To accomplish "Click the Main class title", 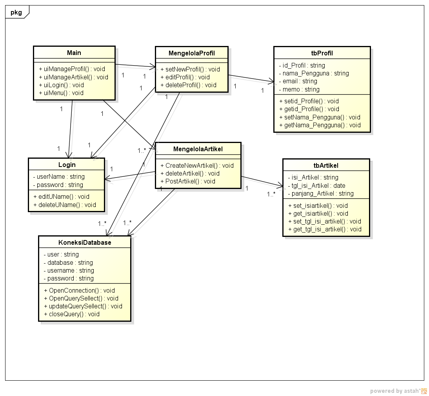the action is [74, 53].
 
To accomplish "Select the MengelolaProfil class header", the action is [191, 53].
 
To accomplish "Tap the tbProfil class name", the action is [322, 53].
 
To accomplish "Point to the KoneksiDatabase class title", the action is [85, 242].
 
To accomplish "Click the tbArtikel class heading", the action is [326, 165].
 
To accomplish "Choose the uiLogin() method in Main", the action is [62, 85].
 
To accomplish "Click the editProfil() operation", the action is [185, 77].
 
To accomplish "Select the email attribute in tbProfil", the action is [298, 81].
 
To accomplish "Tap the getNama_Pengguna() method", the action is [320, 125].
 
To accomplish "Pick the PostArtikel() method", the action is [188, 181].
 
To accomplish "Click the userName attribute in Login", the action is [59, 176].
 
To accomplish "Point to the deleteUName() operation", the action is [65, 205].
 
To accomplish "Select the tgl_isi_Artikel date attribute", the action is [316, 185].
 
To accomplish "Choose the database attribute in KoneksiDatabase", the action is [68, 262].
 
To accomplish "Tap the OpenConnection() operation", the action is [79, 290].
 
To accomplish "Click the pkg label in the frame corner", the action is [16, 12].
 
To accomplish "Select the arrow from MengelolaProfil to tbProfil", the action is [251, 79].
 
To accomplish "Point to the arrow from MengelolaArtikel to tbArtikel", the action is [262, 181].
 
